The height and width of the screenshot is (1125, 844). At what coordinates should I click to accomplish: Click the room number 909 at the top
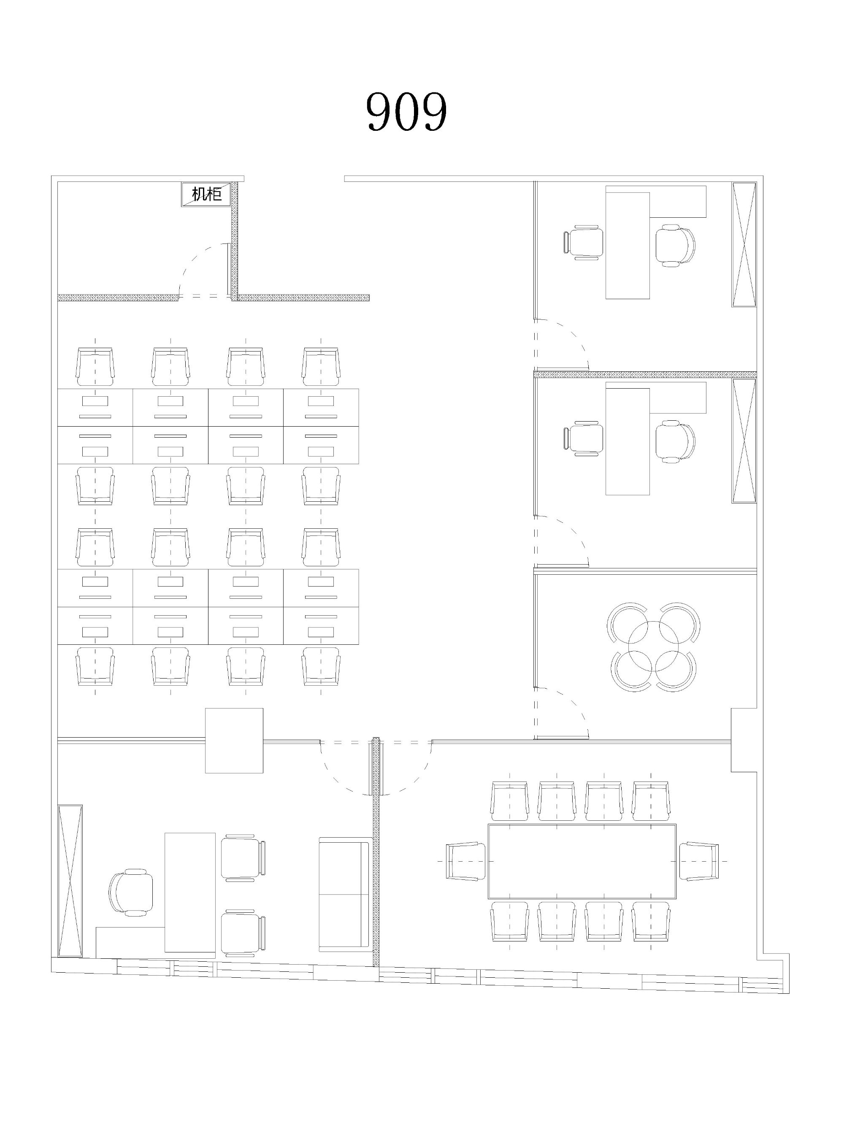406,111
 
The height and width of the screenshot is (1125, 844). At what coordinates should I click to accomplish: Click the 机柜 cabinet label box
206,194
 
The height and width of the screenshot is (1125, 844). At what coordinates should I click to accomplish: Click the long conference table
582,861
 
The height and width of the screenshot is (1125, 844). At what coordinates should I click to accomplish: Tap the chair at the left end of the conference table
465,861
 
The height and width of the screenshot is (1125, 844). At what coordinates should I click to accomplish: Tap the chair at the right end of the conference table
698,861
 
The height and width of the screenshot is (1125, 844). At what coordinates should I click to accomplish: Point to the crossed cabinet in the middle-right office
744,441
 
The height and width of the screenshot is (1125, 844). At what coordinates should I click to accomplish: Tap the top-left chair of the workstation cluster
95,367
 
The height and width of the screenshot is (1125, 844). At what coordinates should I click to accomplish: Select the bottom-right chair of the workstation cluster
321,666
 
